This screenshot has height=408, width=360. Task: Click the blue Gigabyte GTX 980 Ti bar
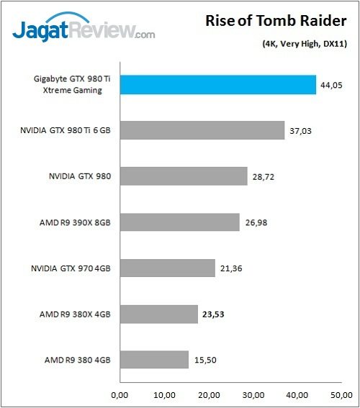(x=217, y=85)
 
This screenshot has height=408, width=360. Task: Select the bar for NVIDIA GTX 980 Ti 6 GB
(x=202, y=130)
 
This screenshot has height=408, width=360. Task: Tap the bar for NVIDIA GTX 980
(x=184, y=176)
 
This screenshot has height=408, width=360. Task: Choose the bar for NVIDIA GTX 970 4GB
(x=167, y=268)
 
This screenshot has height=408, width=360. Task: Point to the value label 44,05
(x=333, y=85)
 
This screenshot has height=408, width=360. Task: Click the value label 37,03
(x=301, y=130)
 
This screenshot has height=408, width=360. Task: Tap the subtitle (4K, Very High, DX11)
(x=305, y=45)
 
